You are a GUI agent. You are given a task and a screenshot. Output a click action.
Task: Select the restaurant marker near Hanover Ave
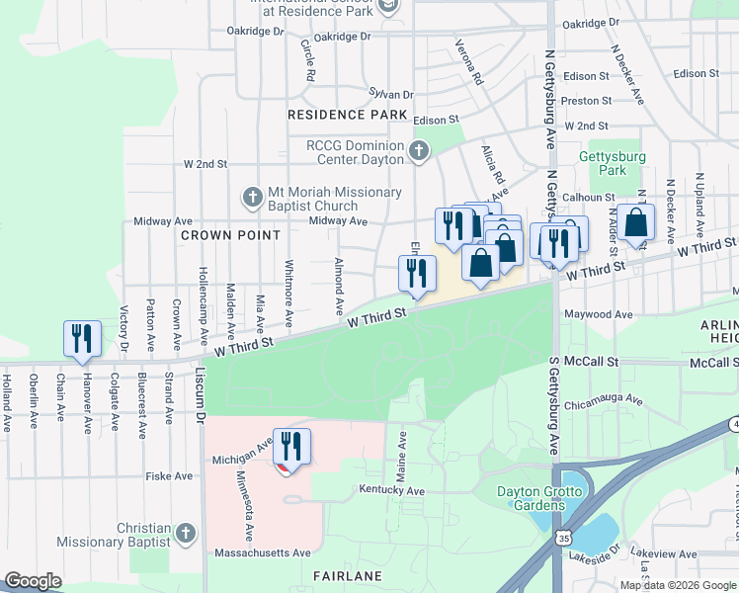pos(80,339)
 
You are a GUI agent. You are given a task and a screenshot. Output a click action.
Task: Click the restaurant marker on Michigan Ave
pos(291,446)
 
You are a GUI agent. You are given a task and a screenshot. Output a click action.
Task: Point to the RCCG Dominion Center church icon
pos(419,152)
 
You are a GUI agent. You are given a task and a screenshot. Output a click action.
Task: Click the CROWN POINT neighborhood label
pos(230,235)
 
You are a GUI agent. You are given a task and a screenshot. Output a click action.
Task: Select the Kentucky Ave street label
pos(391,491)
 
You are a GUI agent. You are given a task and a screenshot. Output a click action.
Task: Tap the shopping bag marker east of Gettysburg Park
pos(638,223)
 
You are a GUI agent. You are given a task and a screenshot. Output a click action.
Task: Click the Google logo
pos(33,581)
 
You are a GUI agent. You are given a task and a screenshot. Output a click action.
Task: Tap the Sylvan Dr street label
pos(390,94)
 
